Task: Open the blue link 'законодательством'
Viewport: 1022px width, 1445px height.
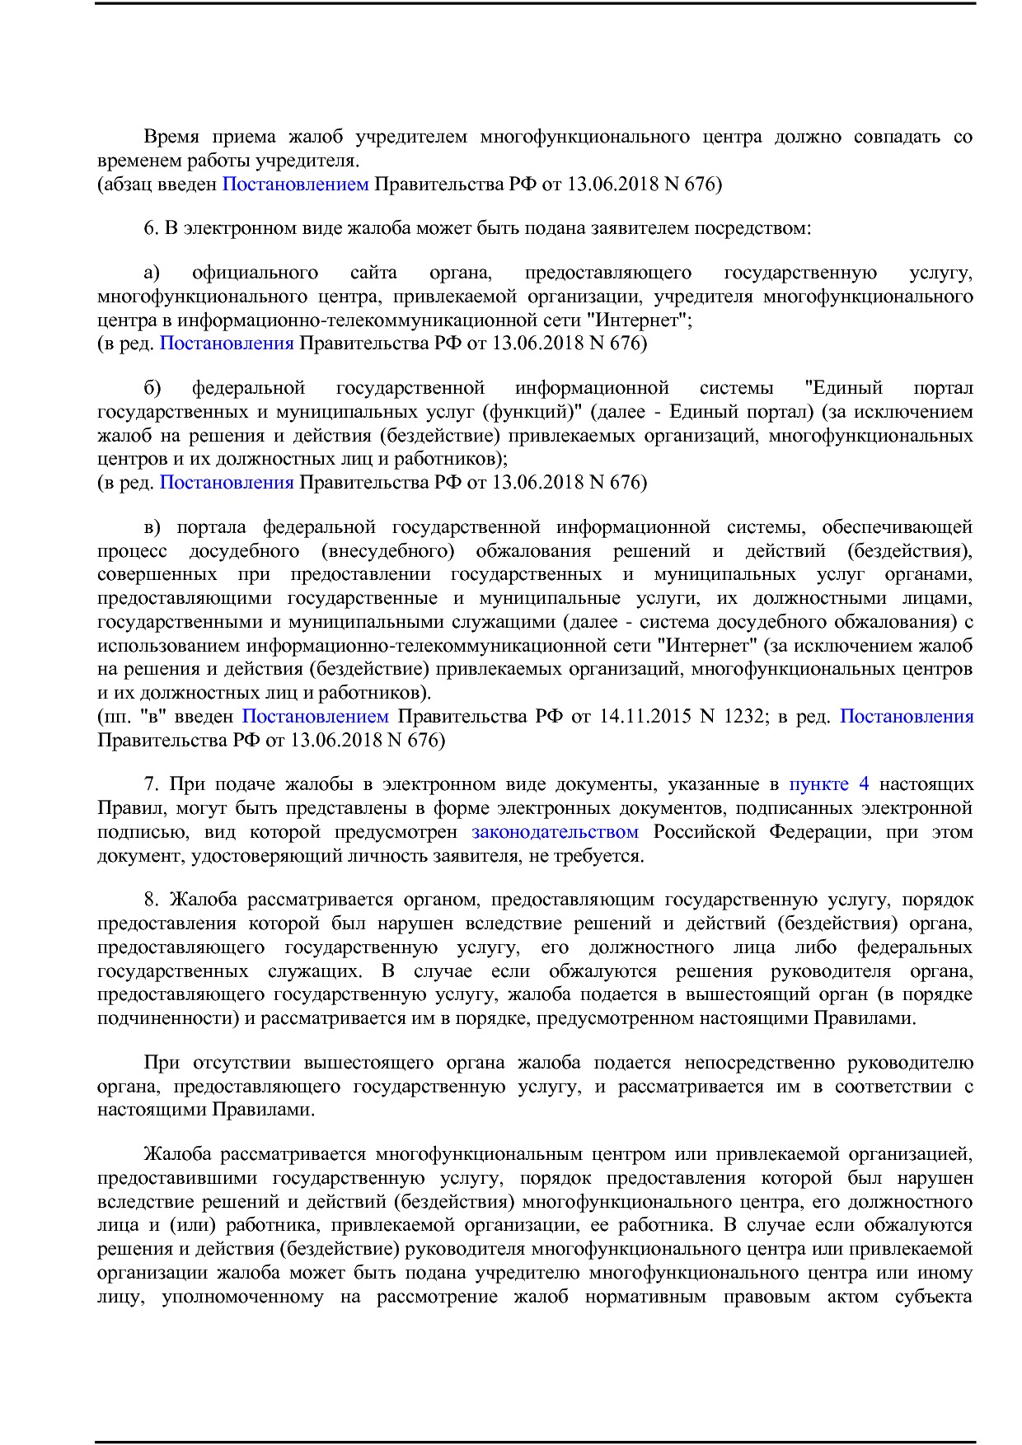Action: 555,831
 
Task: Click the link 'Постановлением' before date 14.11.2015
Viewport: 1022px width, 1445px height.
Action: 315,716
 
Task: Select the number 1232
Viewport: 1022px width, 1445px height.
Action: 743,716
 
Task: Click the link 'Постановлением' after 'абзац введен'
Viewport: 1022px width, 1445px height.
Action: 295,184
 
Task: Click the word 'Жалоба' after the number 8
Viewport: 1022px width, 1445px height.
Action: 203,900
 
